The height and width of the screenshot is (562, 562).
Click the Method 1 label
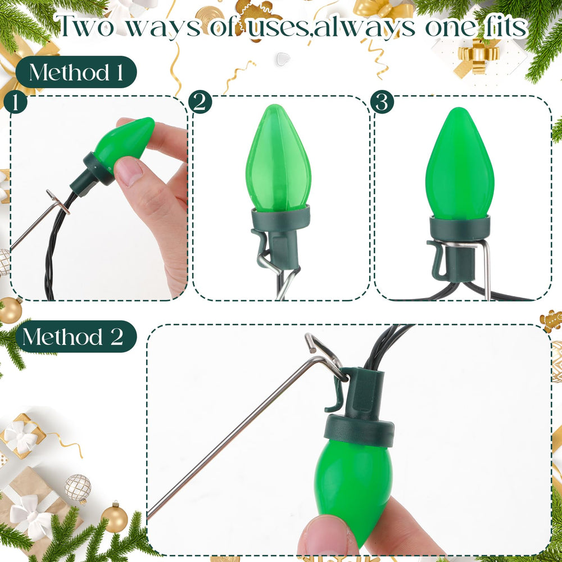[76, 72]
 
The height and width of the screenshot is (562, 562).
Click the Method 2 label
[76, 337]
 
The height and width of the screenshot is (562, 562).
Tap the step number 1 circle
[16, 102]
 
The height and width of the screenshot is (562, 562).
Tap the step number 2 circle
[200, 102]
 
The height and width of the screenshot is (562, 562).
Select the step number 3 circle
[382, 102]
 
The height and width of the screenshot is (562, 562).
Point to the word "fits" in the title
[505, 25]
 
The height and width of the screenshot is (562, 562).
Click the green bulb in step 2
[278, 158]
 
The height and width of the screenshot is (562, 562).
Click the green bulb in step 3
[460, 164]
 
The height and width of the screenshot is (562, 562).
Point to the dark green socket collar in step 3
[460, 228]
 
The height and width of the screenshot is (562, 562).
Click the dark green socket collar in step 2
[280, 217]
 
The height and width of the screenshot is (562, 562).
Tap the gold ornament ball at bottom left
[114, 518]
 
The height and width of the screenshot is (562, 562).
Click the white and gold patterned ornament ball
[78, 487]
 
